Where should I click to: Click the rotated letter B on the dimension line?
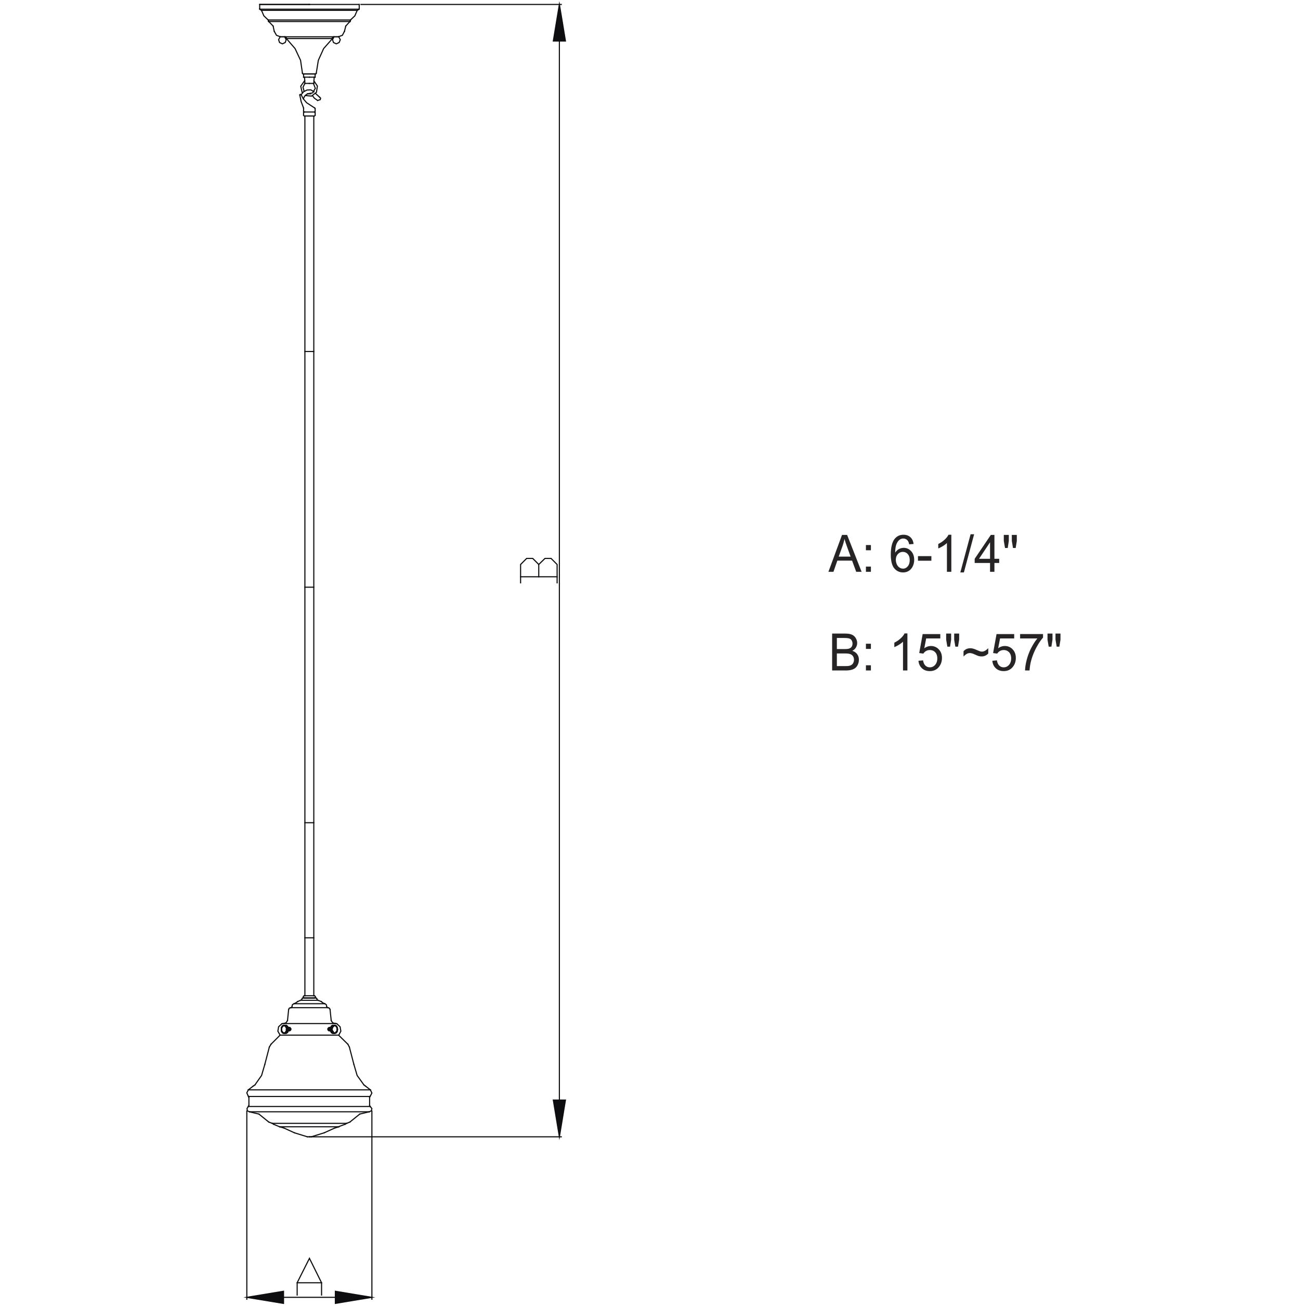click(x=539, y=570)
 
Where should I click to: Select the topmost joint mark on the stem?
click(x=309, y=352)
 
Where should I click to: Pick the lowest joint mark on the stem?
click(x=309, y=938)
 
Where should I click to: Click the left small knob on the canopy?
click(x=282, y=41)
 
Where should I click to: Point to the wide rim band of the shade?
click(x=309, y=1112)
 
